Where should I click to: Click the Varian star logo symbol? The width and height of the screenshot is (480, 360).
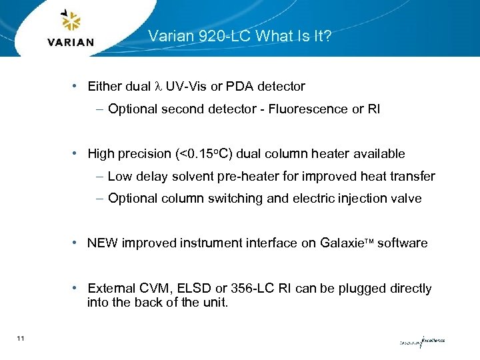70,21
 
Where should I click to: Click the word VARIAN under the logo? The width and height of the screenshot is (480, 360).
71,42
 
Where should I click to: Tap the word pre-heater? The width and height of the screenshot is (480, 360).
253,177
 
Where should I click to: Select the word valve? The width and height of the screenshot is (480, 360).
407,199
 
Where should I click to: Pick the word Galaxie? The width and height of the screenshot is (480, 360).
341,243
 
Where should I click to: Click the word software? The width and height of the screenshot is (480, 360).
402,243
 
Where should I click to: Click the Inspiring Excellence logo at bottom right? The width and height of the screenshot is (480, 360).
421,342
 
